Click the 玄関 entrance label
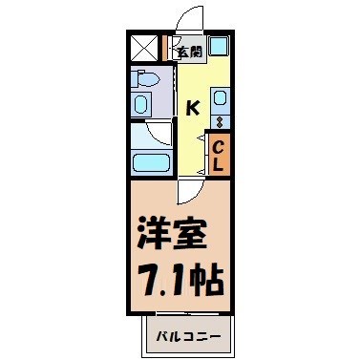(x=187, y=52)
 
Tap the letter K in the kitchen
(x=192, y=107)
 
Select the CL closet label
(x=218, y=155)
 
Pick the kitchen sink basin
(x=219, y=96)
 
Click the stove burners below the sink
(x=219, y=121)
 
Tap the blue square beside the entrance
(x=218, y=46)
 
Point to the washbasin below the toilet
(x=142, y=102)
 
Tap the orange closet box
(x=218, y=155)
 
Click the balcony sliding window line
(x=181, y=316)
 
